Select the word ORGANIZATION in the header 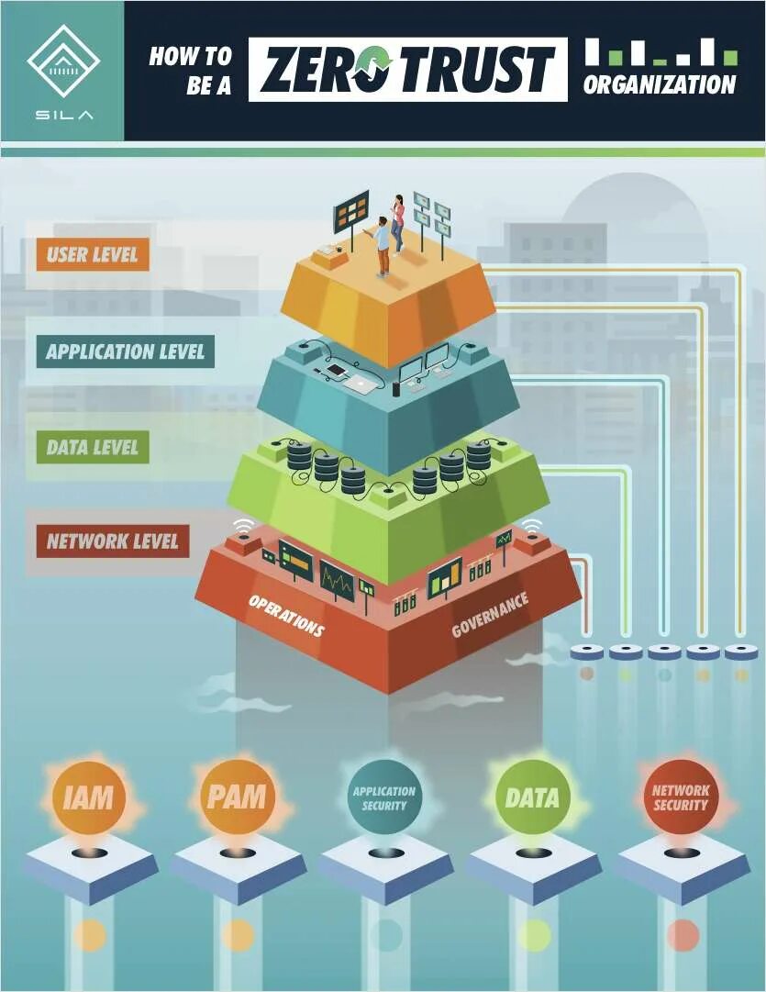point(660,85)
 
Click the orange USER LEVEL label point(92,254)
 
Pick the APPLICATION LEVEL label point(125,351)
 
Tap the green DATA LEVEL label point(92,448)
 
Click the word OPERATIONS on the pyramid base point(285,615)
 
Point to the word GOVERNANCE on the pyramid point(490,615)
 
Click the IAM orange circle point(89,797)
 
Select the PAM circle point(238,797)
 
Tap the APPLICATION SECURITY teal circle point(384,797)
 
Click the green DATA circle point(532,797)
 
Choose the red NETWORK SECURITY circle point(680,797)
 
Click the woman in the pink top point(398,222)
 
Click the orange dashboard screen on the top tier point(350,214)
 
